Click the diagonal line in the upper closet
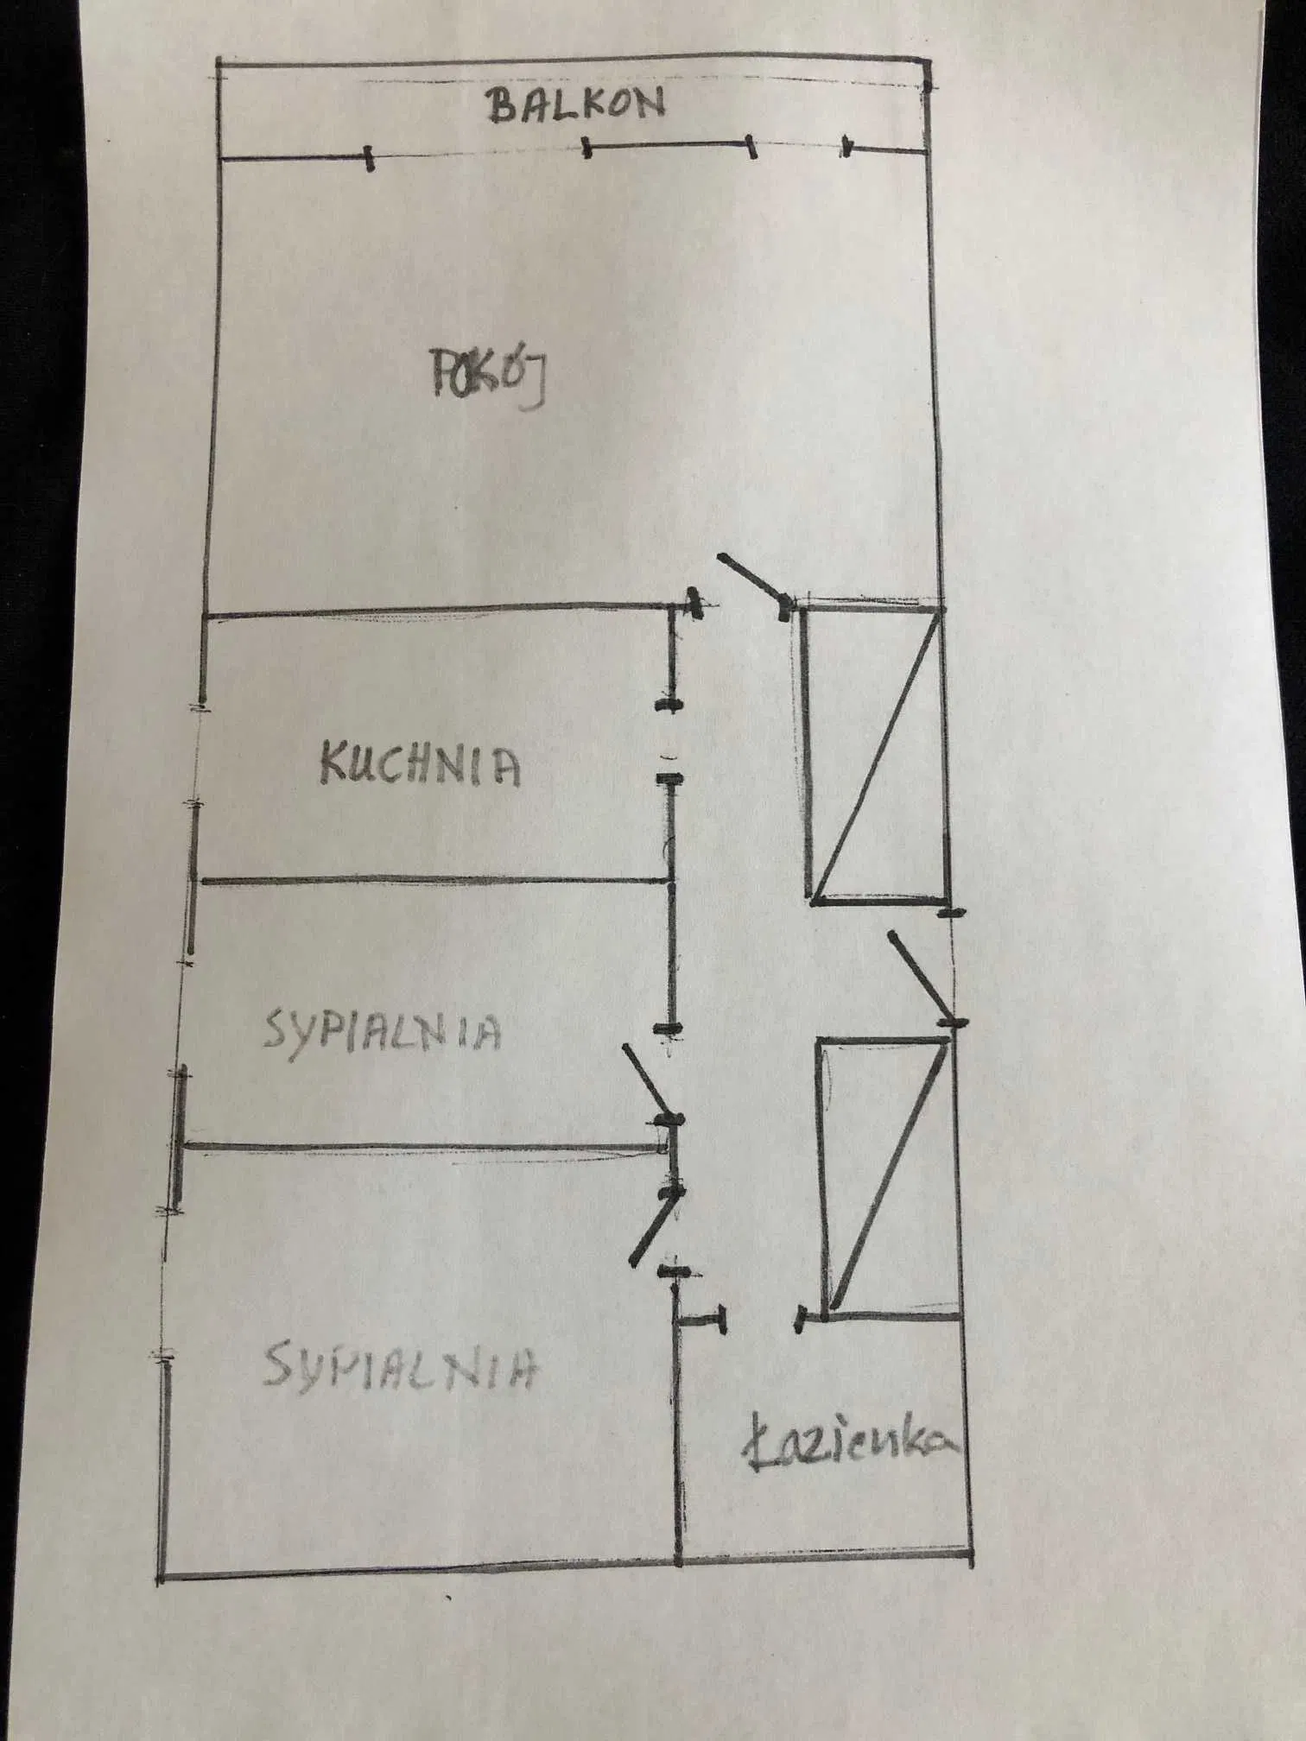pos(875,754)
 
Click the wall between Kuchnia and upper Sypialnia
pos(432,881)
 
